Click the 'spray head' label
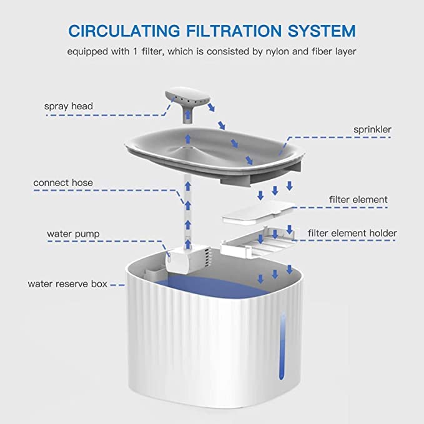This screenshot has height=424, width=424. [68, 106]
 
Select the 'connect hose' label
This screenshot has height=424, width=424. [63, 183]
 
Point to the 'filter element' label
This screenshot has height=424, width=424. [358, 200]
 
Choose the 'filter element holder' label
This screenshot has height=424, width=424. [352, 234]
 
